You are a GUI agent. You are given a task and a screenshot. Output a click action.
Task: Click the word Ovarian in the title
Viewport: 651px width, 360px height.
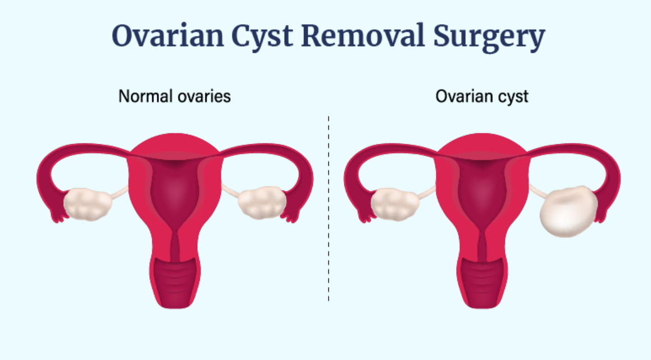click(x=168, y=36)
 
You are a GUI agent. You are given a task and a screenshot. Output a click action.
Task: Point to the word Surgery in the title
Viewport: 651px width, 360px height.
click(x=489, y=38)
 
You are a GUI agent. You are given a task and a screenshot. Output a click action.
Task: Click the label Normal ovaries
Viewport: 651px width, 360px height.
click(x=174, y=97)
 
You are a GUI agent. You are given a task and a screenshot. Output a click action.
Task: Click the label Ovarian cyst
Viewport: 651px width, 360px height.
click(x=481, y=97)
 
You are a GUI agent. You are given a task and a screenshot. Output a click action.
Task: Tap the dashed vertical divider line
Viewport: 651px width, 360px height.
click(x=329, y=208)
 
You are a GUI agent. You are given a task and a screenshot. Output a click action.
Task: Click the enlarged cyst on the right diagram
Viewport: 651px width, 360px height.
click(x=568, y=211)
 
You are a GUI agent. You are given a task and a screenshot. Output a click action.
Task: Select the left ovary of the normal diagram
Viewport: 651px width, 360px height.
click(x=88, y=203)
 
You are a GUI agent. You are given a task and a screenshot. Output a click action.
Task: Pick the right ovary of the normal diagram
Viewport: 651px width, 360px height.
click(x=262, y=202)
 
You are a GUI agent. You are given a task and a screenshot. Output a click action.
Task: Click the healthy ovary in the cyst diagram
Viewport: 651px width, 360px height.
click(x=395, y=204)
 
